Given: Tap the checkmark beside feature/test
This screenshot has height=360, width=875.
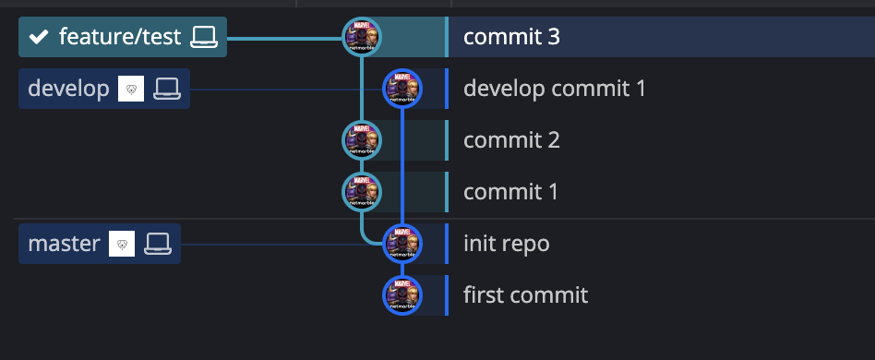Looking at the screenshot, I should tap(38, 37).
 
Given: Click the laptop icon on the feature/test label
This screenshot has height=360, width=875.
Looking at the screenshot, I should tap(203, 37).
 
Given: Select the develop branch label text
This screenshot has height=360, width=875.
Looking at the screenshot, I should tap(68, 89).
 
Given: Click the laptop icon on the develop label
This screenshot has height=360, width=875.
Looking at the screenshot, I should tap(167, 89).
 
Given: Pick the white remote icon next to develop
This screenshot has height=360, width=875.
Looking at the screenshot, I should tap(132, 89).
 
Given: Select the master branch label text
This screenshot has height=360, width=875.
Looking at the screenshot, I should tap(64, 244).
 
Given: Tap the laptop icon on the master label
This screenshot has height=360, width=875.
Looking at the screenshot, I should tap(158, 244).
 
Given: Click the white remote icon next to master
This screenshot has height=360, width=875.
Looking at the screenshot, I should tap(123, 244).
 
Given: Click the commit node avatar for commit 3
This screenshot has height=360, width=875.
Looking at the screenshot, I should tap(362, 37).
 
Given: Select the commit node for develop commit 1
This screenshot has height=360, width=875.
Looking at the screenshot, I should tap(402, 89).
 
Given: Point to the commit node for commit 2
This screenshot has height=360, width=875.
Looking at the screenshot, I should tap(362, 140).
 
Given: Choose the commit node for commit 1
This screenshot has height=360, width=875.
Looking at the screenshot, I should tap(362, 192).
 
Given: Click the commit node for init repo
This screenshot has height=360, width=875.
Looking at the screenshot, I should tap(402, 244).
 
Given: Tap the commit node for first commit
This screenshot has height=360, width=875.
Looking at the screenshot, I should tap(402, 295).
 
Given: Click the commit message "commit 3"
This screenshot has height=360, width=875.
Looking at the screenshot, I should tap(511, 37).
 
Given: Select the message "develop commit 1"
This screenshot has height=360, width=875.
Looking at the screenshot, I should tap(554, 89).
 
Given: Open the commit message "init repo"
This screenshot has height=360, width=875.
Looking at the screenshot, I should tap(506, 244).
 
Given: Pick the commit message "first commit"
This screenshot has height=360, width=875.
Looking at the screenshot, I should tap(525, 295).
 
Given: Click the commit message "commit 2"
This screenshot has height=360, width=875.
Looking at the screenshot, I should tap(511, 140).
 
